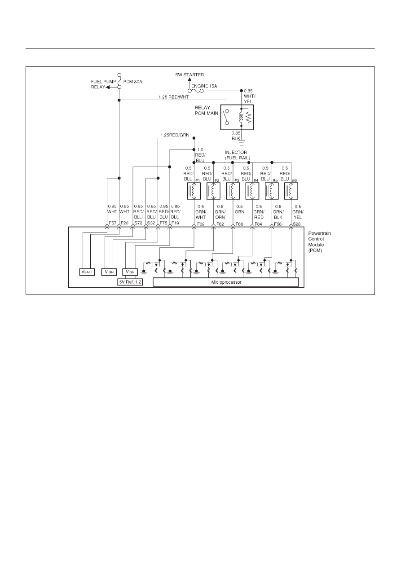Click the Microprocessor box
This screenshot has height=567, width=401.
(226, 282)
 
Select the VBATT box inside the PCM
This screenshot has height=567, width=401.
(87, 272)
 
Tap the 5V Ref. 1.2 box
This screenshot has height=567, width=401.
(130, 282)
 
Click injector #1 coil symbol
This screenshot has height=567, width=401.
(194, 191)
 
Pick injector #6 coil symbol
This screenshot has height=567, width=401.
(291, 191)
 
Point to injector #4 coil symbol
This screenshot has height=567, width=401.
(252, 191)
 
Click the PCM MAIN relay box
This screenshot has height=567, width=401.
(237, 118)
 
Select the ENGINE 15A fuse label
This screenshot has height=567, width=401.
(204, 86)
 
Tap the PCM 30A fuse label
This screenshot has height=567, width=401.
(132, 82)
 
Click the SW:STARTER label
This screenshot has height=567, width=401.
(189, 75)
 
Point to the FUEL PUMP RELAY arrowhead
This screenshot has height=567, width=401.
(108, 87)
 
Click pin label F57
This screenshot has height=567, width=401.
(112, 223)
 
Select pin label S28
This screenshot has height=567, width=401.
(297, 224)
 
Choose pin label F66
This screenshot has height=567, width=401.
(239, 224)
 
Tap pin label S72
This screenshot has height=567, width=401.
(138, 223)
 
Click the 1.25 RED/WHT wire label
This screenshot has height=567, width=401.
(174, 97)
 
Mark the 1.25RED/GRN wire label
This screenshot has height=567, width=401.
(175, 135)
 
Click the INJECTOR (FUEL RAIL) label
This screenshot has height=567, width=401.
(237, 155)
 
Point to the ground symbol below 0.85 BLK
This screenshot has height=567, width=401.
(242, 143)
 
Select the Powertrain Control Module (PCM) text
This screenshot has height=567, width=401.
(319, 242)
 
